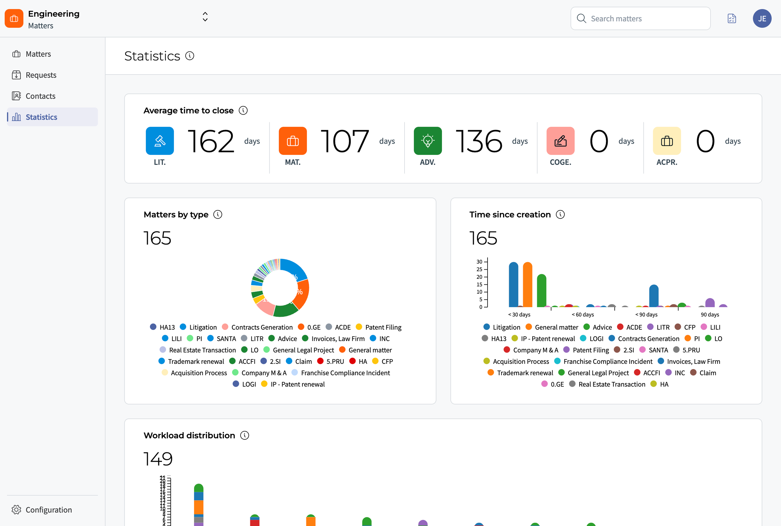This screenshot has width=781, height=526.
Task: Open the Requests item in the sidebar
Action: (41, 75)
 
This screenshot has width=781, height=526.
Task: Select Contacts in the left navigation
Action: (40, 96)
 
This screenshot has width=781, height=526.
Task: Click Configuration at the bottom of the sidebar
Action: (48, 510)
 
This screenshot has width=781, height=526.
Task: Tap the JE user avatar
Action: (762, 18)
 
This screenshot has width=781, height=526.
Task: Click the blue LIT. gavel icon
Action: (160, 141)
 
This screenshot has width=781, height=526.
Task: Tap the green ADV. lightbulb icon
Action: (427, 141)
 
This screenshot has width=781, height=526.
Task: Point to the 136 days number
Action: (479, 141)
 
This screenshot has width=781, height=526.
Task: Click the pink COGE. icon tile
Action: (560, 141)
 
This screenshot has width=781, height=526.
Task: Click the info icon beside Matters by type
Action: (218, 214)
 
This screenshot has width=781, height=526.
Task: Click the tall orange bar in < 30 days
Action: (527, 285)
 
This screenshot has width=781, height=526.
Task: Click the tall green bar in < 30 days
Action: (541, 291)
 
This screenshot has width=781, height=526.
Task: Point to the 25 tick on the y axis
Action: (479, 269)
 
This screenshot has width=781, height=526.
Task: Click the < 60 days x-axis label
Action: (583, 315)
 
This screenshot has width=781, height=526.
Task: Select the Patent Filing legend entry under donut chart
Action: (383, 327)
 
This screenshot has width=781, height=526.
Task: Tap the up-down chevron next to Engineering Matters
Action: (205, 17)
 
